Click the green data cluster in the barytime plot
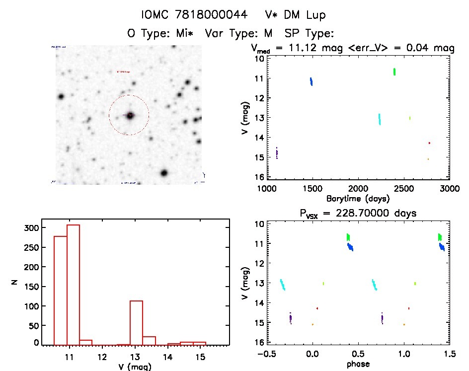pos(394,72)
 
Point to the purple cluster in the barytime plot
pos(277,153)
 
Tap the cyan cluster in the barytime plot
pos(380,119)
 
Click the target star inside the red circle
pos(130,115)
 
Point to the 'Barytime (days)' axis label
pos(357,198)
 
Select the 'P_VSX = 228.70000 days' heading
pos(358,213)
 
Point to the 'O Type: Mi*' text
pos(160,34)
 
